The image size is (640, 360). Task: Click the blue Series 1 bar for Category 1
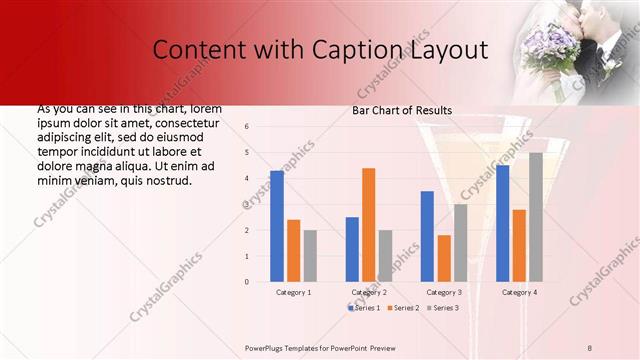[277, 226]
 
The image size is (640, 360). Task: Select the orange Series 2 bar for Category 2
[368, 225]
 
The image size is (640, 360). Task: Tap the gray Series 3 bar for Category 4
[535, 217]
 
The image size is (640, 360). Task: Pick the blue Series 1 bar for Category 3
[427, 236]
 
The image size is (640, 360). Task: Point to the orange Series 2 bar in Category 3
[443, 258]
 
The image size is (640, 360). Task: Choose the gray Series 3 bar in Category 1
[310, 256]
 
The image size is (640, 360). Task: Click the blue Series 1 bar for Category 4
[502, 223]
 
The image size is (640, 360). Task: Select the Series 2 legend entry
[403, 308]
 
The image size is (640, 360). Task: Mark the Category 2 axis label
[369, 292]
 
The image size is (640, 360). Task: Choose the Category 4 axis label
[518, 292]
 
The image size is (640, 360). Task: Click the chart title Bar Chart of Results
[402, 110]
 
